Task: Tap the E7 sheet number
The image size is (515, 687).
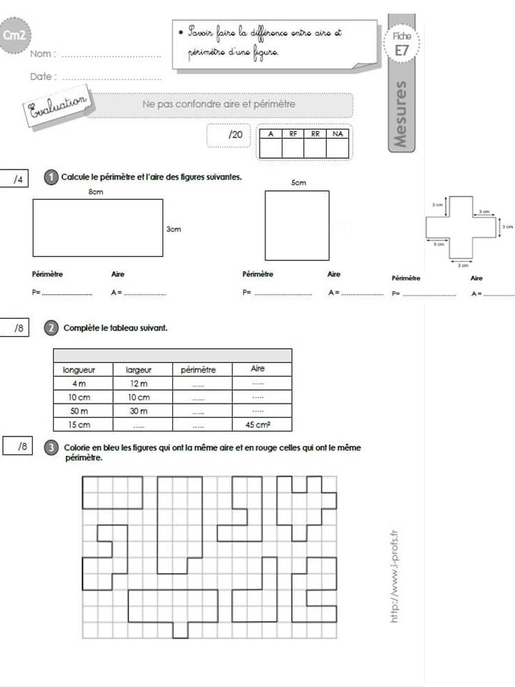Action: point(400,50)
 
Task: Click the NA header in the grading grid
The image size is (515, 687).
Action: point(338,134)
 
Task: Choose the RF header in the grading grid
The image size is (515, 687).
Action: point(293,134)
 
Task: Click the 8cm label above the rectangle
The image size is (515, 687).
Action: point(96,193)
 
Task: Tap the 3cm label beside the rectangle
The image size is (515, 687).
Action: point(172,229)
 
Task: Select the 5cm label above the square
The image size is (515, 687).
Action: point(298,183)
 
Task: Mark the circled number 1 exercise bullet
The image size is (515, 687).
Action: point(50,177)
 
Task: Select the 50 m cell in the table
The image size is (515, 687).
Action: point(78,411)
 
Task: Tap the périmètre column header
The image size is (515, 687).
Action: point(197,370)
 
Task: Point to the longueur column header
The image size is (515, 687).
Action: point(79,370)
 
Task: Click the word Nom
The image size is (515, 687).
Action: point(41,54)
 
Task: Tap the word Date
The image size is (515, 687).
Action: point(41,77)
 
